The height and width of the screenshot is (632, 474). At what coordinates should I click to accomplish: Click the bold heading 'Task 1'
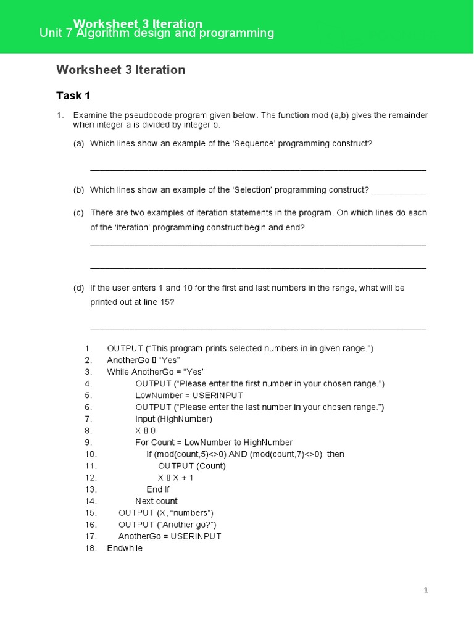[73, 96]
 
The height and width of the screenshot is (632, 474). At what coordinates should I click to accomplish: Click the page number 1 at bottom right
[426, 591]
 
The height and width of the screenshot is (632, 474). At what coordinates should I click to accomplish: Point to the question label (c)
[78, 213]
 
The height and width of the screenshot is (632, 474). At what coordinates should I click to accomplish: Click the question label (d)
[78, 288]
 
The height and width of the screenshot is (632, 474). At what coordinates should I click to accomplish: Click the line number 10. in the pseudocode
[91, 454]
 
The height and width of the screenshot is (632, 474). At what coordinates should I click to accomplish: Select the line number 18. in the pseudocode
[91, 548]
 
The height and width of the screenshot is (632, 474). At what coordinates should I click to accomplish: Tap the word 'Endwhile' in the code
[125, 548]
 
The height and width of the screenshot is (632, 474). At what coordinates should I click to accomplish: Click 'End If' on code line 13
[158, 489]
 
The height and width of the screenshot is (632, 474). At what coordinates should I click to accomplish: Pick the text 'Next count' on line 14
[156, 501]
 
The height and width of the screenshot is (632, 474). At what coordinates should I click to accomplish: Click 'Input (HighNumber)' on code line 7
[173, 419]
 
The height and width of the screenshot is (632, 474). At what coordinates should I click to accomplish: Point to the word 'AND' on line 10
[238, 454]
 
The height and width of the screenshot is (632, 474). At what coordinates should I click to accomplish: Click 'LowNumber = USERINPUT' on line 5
[189, 396]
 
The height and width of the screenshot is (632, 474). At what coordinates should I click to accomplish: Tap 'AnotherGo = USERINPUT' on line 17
[170, 536]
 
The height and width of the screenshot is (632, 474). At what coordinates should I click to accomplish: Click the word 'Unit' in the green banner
[51, 34]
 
